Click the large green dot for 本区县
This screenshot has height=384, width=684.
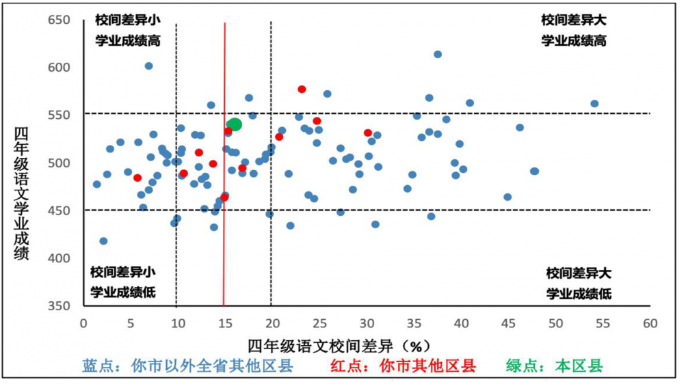pyautogui.click(x=235, y=124)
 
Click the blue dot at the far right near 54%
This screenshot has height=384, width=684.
pyautogui.click(x=594, y=104)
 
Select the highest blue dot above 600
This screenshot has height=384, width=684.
pyautogui.click(x=438, y=55)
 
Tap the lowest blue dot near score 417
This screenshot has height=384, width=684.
pyautogui.click(x=103, y=241)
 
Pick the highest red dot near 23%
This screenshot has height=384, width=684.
pyautogui.click(x=302, y=90)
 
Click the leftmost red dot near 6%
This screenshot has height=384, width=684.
pyautogui.click(x=137, y=178)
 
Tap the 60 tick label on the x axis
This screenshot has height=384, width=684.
pyautogui.click(x=650, y=323)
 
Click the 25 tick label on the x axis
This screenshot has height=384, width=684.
pyautogui.click(x=319, y=323)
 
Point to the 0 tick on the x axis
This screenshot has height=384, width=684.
pyautogui.click(x=83, y=323)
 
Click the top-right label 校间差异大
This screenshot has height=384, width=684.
pyautogui.click(x=574, y=20)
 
